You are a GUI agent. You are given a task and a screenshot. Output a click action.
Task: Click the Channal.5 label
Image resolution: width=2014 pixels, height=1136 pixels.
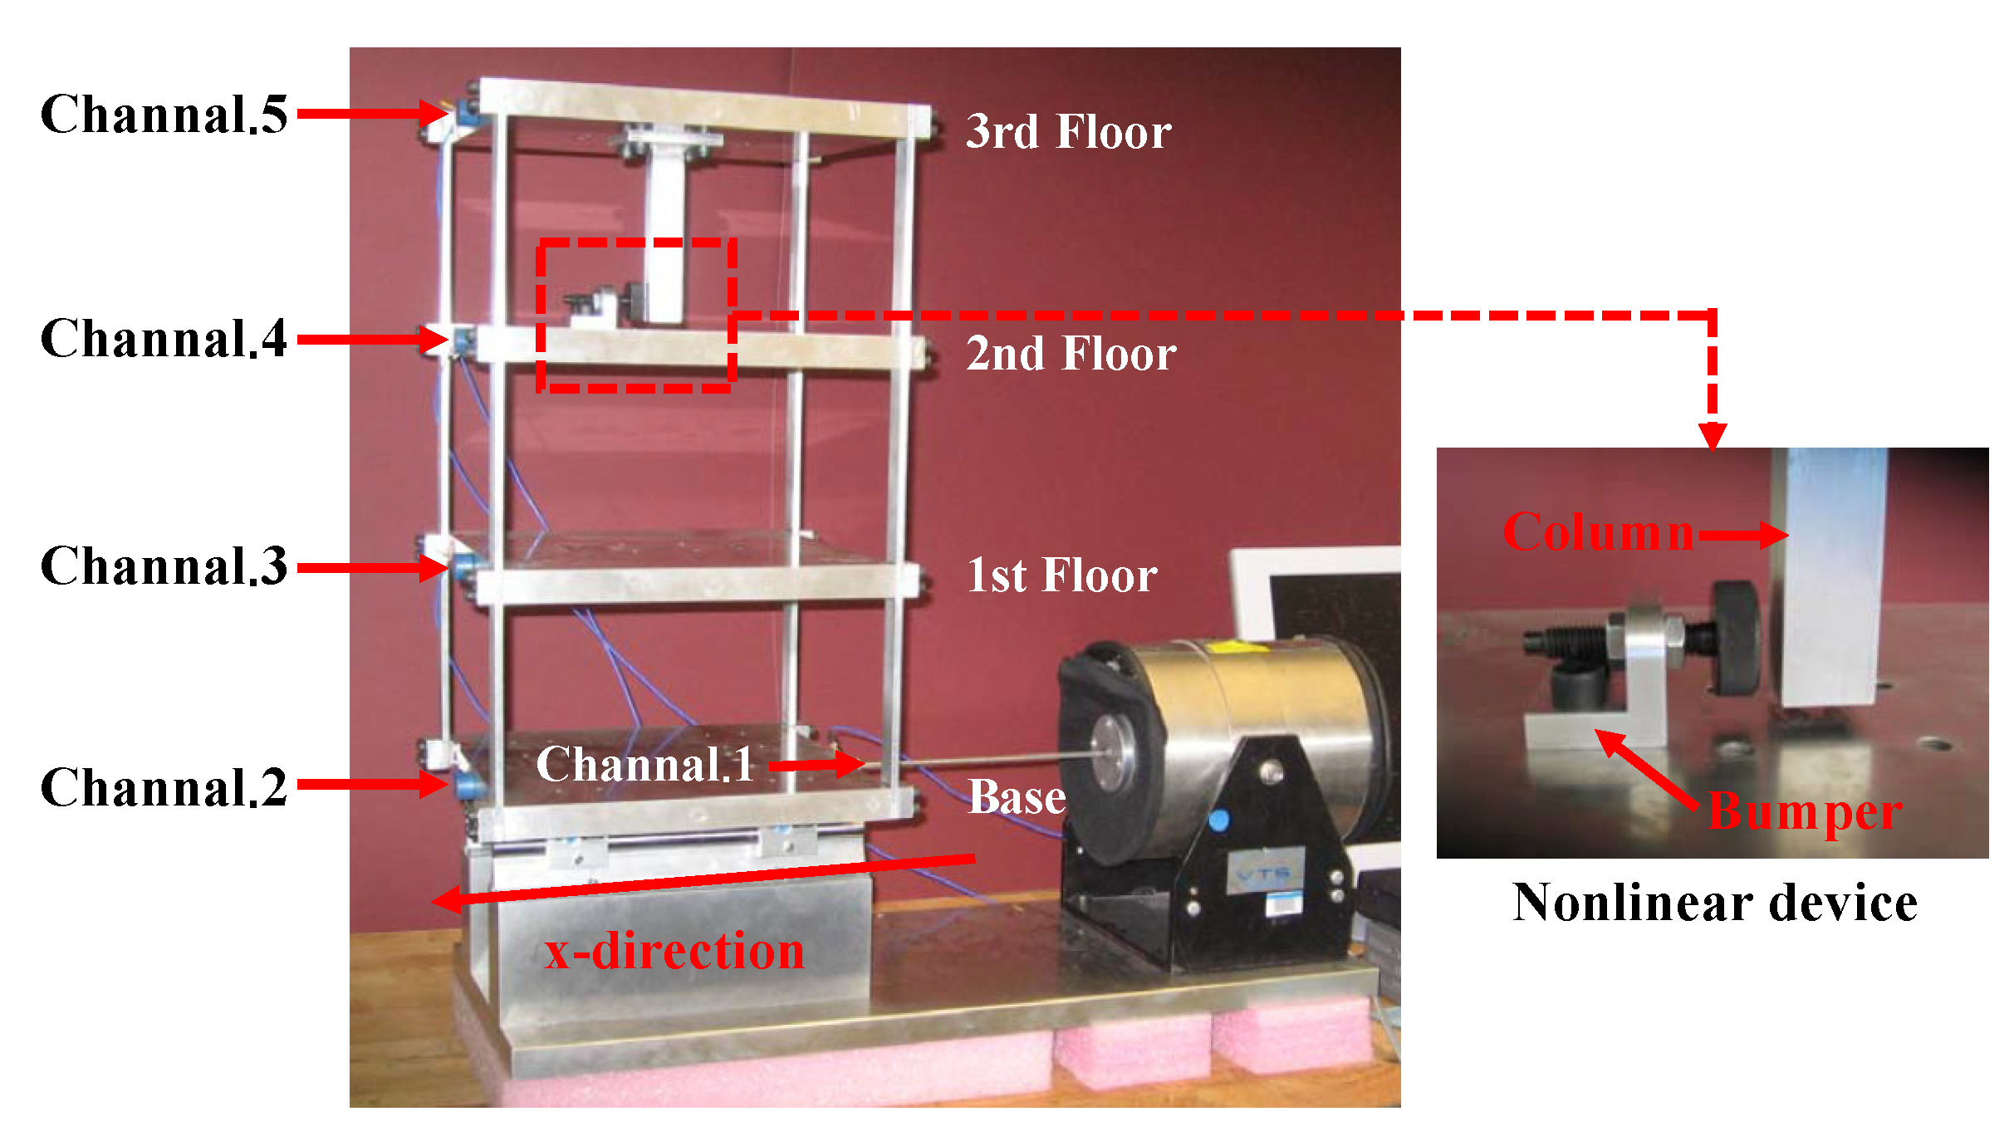164,114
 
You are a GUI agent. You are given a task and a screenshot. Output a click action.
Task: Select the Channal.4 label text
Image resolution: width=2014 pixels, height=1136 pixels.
164,339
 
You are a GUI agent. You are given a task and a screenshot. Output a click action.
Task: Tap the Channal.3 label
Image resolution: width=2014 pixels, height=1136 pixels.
164,566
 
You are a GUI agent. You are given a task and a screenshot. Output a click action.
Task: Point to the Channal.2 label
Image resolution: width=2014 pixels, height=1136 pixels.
164,787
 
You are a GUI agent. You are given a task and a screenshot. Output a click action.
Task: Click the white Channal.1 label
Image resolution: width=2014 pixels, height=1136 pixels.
644,764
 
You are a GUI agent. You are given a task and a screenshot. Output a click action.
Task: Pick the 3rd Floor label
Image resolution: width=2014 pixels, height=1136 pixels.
1068,132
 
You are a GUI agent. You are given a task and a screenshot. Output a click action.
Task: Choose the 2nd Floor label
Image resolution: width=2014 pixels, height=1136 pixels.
1071,354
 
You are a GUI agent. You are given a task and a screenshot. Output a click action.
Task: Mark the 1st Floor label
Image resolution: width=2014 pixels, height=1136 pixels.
1062,575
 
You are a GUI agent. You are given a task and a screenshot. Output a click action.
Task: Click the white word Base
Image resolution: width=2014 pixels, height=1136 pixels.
1017,797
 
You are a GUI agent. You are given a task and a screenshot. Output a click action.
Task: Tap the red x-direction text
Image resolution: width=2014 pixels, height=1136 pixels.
674,951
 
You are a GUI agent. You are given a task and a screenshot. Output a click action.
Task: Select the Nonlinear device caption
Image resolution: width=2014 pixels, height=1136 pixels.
1714,903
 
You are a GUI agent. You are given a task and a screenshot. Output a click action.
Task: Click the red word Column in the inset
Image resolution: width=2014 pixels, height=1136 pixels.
1598,531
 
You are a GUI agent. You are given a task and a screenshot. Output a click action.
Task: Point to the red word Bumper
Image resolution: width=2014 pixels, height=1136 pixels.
1805,810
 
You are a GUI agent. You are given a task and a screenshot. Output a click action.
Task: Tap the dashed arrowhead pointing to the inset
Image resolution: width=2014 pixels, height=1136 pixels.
1713,435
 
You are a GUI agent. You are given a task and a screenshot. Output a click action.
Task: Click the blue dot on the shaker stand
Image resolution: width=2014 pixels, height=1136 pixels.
1218,820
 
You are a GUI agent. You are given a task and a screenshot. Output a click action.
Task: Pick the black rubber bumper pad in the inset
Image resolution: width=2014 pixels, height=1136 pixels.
1736,638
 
